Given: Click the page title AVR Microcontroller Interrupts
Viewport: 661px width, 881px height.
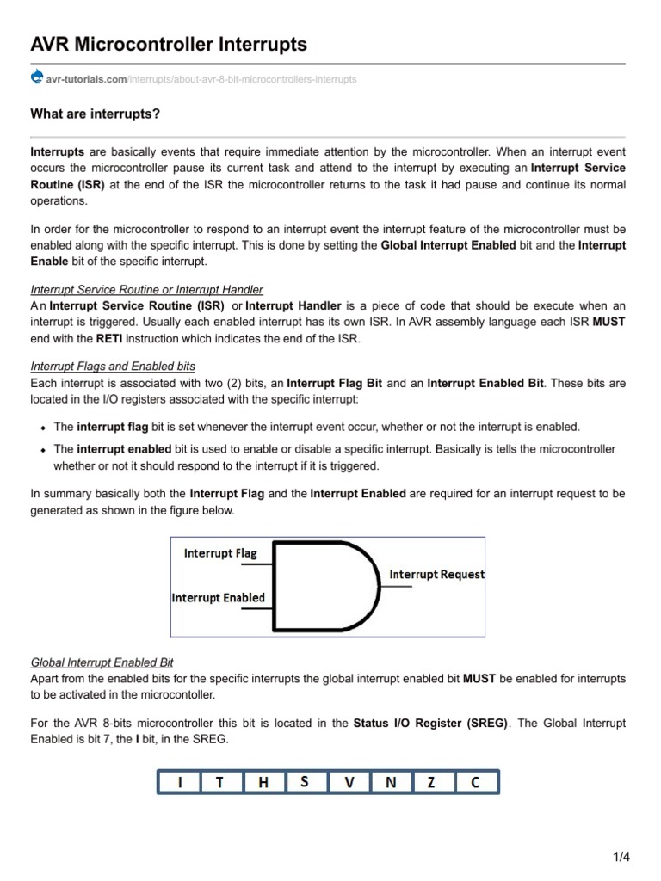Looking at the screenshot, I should [169, 44].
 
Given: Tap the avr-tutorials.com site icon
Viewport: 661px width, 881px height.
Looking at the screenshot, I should [36, 78].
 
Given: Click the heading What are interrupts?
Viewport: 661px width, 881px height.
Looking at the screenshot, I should [95, 114].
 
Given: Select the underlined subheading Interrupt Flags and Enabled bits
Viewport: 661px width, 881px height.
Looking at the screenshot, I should [113, 366].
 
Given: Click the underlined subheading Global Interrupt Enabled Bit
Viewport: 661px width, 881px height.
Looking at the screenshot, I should [102, 662].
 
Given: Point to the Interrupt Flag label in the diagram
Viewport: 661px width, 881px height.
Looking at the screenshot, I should [220, 553].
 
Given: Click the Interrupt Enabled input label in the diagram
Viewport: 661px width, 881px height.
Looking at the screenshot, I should [219, 597].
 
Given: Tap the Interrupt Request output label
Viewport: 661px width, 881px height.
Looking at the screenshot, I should [437, 574].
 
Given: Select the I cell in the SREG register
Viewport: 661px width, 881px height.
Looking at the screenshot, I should [179, 782].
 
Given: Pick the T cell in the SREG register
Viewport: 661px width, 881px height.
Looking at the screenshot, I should [220, 782].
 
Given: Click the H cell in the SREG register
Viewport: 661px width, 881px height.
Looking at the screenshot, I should [263, 782].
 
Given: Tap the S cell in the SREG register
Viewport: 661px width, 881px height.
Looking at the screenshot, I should [306, 782].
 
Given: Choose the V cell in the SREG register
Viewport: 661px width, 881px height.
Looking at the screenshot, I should [348, 782].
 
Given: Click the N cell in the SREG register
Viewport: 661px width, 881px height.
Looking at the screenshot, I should [391, 782].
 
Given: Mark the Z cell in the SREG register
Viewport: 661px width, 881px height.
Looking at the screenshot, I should [433, 782].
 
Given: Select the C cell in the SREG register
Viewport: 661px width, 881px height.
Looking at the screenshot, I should [476, 782].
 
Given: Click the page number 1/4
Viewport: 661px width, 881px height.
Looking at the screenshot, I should [621, 857].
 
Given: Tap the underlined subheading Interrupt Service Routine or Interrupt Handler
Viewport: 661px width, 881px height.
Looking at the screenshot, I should [146, 290].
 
